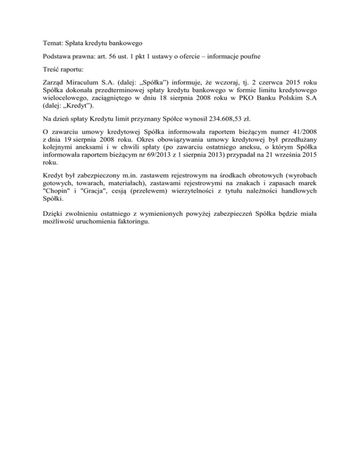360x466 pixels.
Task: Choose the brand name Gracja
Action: click(87, 191)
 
